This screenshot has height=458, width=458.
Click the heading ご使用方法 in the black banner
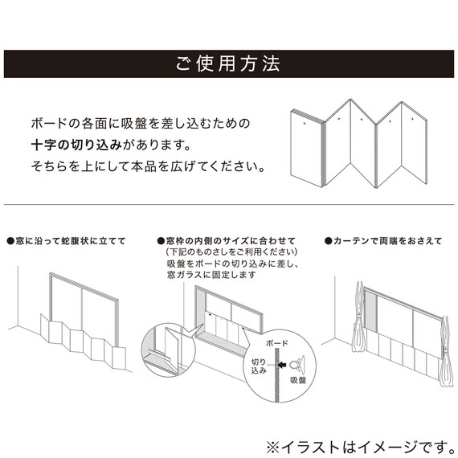[x=228, y=63]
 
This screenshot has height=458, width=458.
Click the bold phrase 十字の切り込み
[x=77, y=145]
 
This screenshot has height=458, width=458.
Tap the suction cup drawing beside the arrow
[x=297, y=364]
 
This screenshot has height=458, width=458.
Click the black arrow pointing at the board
[x=282, y=365]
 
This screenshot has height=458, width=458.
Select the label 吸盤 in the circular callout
[x=298, y=380]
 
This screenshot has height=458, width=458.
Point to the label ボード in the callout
[x=276, y=343]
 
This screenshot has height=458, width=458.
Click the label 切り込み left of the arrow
[x=259, y=366]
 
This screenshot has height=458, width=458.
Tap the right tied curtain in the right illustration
[x=445, y=351]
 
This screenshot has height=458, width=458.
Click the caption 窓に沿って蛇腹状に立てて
[x=67, y=241]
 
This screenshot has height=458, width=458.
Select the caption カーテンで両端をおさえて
[x=383, y=241]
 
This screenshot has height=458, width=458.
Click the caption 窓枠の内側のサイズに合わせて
[x=227, y=241]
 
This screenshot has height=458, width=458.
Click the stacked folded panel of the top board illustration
[x=308, y=148]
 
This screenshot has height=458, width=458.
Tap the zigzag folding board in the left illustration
[x=83, y=341]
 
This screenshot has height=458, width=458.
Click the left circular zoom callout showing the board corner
[x=168, y=350]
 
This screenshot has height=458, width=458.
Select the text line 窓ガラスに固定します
[x=211, y=275]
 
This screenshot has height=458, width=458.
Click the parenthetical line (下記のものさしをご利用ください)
[x=231, y=251]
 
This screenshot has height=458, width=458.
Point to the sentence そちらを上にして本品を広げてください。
[x=148, y=166]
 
